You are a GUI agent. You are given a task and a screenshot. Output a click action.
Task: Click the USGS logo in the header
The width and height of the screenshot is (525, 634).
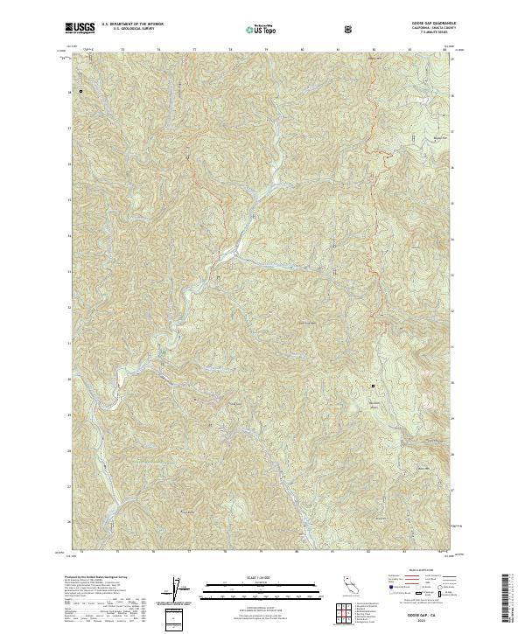click(x=80, y=27)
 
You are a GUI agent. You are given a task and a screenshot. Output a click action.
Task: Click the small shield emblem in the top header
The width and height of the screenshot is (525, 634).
click(x=349, y=29)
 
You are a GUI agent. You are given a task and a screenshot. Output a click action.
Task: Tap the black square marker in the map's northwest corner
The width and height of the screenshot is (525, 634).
click(x=80, y=90)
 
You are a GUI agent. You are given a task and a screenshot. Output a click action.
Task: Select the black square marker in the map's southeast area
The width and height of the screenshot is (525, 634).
click(x=373, y=386)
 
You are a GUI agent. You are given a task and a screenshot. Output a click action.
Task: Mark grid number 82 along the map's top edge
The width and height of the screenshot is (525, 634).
click(x=374, y=50)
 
